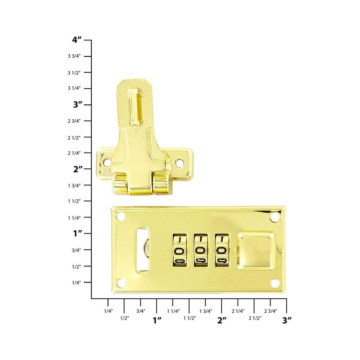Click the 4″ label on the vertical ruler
[x=76, y=40]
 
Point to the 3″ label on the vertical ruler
[x=77, y=105]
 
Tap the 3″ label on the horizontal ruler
[x=287, y=320]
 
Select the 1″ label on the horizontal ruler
[x=157, y=320]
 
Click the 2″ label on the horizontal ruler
[x=222, y=320]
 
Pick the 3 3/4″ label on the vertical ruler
[x=74, y=56]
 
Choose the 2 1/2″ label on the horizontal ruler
[x=255, y=318]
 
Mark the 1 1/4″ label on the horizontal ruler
[x=173, y=311]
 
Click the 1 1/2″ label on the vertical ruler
[x=74, y=201]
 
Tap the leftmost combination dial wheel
[x=180, y=251]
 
